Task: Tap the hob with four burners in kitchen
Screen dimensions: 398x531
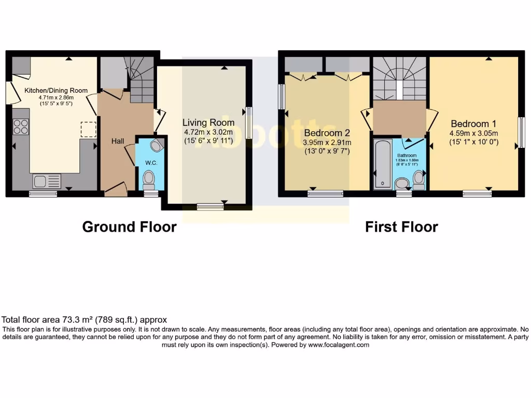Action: (20, 127)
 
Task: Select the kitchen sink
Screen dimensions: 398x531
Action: (46, 181)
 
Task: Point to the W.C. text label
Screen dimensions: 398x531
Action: (151, 163)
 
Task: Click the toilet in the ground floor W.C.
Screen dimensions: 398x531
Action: (149, 179)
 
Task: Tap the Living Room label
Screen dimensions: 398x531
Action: (208, 123)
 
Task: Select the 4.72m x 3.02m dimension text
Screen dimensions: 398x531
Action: (208, 132)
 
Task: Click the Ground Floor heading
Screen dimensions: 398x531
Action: (129, 227)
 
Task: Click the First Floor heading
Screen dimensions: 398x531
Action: (401, 227)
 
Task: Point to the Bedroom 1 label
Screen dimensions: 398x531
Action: (473, 124)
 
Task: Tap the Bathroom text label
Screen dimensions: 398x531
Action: (407, 155)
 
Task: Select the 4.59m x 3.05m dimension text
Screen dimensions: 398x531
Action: (473, 133)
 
